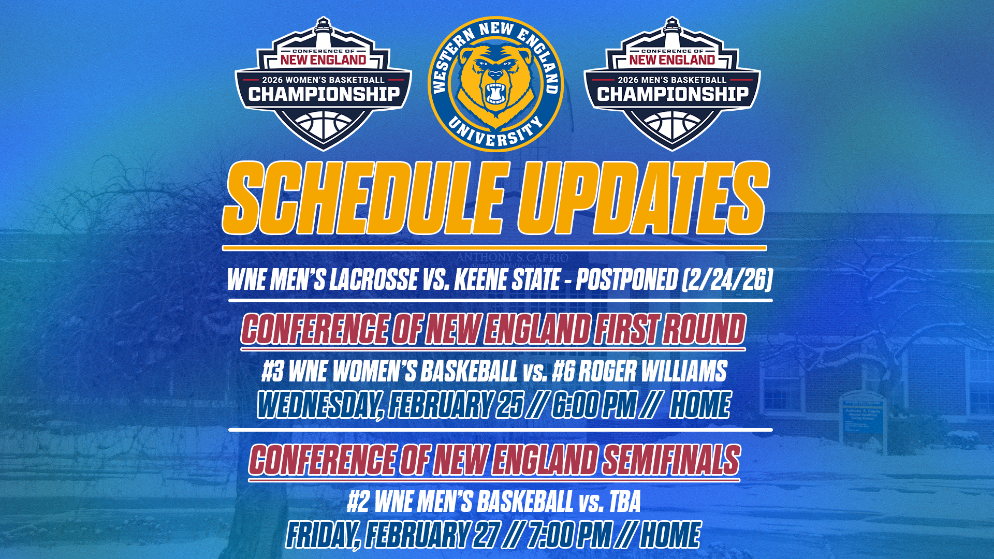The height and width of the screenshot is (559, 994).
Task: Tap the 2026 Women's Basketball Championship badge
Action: click(x=324, y=85)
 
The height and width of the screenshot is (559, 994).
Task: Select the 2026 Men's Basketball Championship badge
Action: click(x=672, y=85)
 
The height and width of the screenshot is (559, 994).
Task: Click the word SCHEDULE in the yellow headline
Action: click(x=362, y=198)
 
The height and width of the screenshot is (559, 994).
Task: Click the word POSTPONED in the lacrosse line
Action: click(x=626, y=280)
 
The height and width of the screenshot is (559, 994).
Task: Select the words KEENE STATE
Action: click(x=507, y=280)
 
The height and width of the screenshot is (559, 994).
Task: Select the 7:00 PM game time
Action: click(x=569, y=535)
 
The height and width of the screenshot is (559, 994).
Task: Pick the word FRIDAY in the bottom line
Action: click(x=321, y=535)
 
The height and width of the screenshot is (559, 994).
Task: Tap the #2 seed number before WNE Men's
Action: click(x=358, y=502)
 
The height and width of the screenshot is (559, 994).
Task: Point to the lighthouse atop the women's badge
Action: click(x=324, y=32)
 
